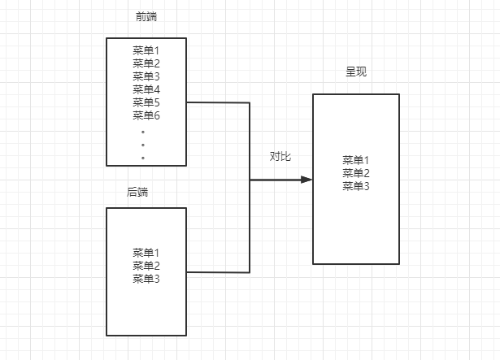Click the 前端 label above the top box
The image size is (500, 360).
pos(146,17)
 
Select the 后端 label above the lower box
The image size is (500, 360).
pos(138,193)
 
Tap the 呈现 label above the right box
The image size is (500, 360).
pos(356,72)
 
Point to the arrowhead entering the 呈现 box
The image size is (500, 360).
pos(307,179)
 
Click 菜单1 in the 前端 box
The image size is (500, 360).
pos(146,50)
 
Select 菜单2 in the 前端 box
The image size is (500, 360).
pos(146,63)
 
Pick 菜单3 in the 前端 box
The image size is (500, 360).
pos(146,76)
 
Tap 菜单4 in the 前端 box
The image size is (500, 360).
pos(146,89)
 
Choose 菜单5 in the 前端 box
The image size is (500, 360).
pos(146,102)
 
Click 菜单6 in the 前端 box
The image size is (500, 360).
pos(146,115)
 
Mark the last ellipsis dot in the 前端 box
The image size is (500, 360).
pos(143,158)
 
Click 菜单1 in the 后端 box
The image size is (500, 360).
pos(146,253)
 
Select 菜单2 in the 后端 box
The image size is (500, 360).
pos(146,266)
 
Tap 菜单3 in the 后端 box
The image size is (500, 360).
pos(146,279)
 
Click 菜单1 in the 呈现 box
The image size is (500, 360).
pos(356,160)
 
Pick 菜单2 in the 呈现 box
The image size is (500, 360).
pos(356,173)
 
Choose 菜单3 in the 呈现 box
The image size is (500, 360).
pos(356,186)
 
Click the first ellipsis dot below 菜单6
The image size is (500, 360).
pos(143,131)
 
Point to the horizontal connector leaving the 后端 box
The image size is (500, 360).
pos(218,272)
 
